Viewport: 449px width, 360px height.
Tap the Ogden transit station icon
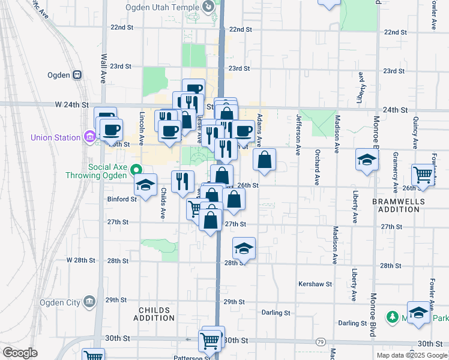(x=77, y=75)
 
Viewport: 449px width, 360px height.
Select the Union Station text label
(x=56, y=137)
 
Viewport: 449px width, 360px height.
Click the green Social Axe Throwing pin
(x=136, y=170)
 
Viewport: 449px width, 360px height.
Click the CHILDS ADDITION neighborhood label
(x=154, y=314)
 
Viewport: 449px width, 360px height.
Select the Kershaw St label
(x=314, y=283)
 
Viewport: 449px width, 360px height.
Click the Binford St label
(x=118, y=199)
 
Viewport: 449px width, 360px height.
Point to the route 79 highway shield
(x=321, y=341)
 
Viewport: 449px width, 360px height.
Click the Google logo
(x=20, y=352)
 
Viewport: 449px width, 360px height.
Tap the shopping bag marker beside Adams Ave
(x=264, y=160)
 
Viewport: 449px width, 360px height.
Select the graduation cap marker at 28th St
(x=244, y=248)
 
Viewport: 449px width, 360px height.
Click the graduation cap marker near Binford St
(x=145, y=185)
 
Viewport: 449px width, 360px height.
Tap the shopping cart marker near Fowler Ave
(x=423, y=175)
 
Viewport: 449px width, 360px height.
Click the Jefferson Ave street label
(x=298, y=134)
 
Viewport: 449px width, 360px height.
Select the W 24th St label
(x=76, y=104)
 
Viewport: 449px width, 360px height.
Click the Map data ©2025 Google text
(x=411, y=355)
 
